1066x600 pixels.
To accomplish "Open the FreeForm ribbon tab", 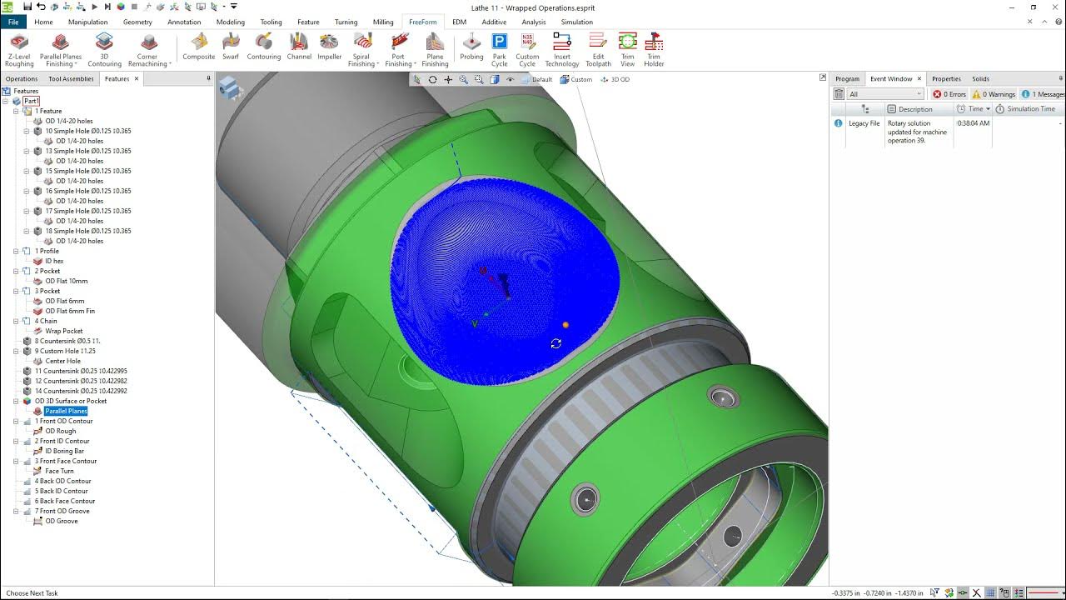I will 422,22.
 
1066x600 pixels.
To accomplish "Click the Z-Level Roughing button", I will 19,49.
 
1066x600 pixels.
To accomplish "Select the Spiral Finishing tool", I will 361,49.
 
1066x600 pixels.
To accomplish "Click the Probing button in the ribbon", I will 471,49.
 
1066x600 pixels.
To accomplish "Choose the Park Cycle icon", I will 499,49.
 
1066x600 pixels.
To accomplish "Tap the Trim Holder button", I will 654,49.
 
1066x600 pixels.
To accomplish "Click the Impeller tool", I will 329,49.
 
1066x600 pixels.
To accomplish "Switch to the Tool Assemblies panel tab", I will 71,79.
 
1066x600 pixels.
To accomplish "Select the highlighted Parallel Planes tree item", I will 66,411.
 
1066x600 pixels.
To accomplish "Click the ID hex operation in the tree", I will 54,261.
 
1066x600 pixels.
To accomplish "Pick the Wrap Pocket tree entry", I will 64,331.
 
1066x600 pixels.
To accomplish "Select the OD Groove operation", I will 62,521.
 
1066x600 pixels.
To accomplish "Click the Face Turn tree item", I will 59,471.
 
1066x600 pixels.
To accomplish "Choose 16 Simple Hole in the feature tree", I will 87,191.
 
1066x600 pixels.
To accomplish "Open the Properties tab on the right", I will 946,79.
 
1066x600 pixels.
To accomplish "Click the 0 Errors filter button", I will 949,94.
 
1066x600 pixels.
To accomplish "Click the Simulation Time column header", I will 1030,109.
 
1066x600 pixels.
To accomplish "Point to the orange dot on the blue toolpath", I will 565,325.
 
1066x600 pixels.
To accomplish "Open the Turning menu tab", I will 346,22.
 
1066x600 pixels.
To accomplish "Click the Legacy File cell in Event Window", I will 864,123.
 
